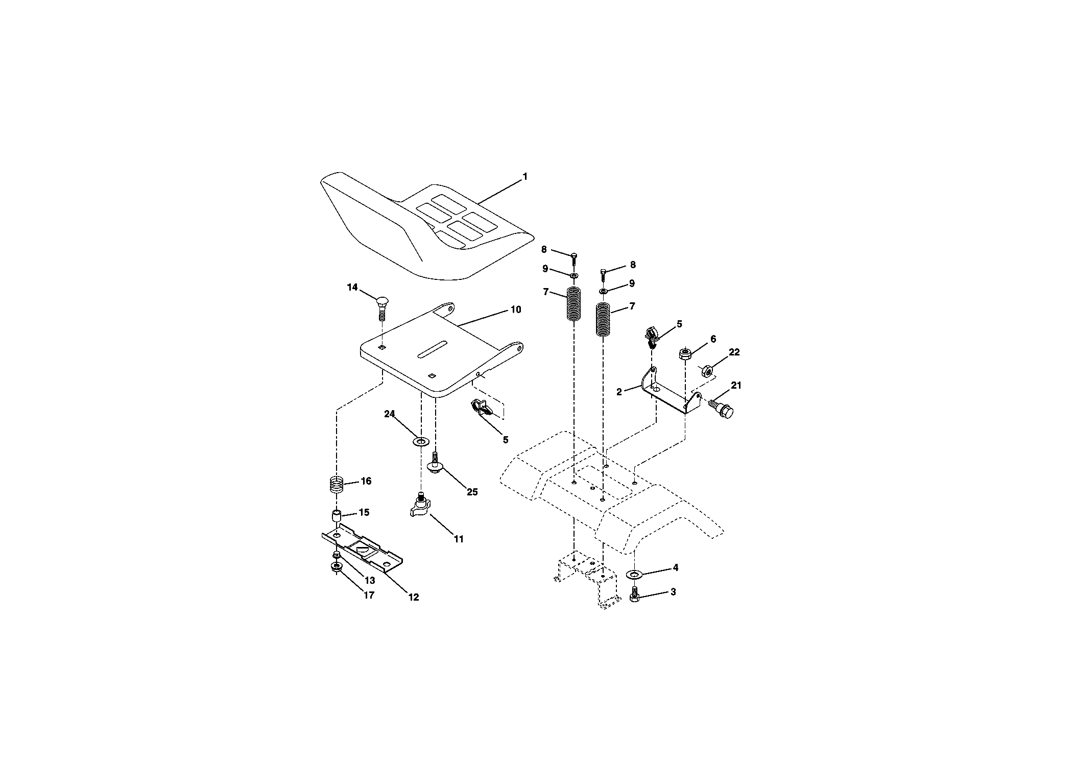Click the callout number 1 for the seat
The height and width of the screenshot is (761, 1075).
tap(524, 177)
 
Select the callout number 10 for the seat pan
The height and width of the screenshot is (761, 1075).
tap(516, 310)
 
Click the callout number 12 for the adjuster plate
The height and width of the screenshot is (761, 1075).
tap(413, 597)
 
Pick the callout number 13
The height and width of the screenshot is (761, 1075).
tap(369, 580)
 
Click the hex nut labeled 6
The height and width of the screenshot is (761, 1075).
tap(685, 353)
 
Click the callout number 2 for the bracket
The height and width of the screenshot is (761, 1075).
tap(619, 392)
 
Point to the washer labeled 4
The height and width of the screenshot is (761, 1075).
tap(634, 575)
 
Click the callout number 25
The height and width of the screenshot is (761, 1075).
tap(472, 492)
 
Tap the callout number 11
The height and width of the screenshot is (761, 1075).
tap(459, 539)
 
